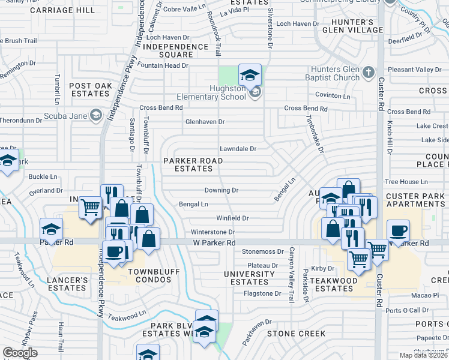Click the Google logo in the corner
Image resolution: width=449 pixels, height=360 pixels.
pos(20,352)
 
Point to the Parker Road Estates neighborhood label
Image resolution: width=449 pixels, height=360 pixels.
pos(193,164)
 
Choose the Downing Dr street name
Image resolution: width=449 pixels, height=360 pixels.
pos(221,190)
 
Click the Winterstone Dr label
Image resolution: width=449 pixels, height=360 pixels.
pos(212,232)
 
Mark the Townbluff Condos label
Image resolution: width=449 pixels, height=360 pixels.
pos(151,272)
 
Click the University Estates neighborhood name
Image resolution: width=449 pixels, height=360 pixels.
pos(253,278)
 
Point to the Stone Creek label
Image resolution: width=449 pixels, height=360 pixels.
pos(296,333)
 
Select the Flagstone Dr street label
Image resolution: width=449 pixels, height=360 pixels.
pos(262,293)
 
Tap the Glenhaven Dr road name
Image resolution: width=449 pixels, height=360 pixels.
pos(205,121)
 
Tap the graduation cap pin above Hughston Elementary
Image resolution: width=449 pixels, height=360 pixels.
pos(250,74)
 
